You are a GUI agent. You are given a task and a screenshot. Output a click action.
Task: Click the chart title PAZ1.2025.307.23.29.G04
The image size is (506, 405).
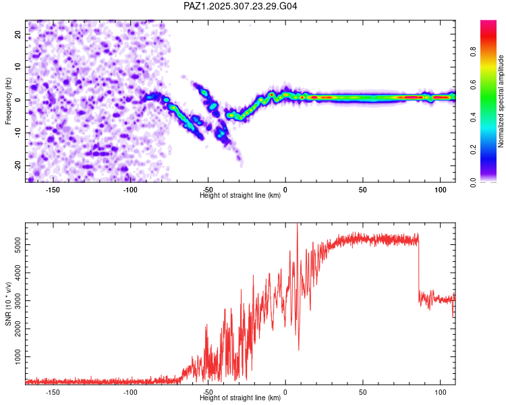click(x=241, y=7)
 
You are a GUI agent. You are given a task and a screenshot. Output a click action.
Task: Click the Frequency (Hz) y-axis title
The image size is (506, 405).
click(x=8, y=100)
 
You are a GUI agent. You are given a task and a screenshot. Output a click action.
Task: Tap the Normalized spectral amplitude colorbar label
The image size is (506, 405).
click(x=501, y=101)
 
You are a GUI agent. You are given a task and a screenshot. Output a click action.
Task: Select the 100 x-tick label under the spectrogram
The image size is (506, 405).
click(x=441, y=190)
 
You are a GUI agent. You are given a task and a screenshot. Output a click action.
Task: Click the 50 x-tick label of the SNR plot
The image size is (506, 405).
click(x=363, y=392)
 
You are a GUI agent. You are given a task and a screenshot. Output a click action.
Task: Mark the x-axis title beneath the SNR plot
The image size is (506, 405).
click(x=240, y=398)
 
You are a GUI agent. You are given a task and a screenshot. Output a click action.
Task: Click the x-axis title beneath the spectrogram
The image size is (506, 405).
click(x=240, y=196)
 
